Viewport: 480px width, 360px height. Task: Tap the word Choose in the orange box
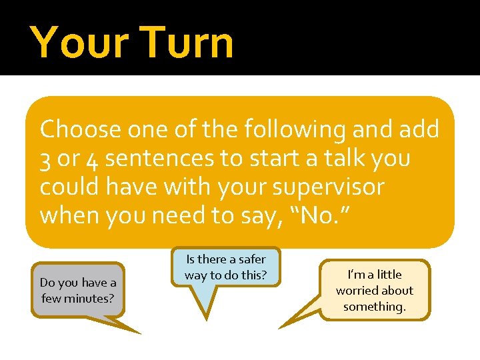(80, 129)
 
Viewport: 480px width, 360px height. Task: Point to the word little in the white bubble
(389, 275)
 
